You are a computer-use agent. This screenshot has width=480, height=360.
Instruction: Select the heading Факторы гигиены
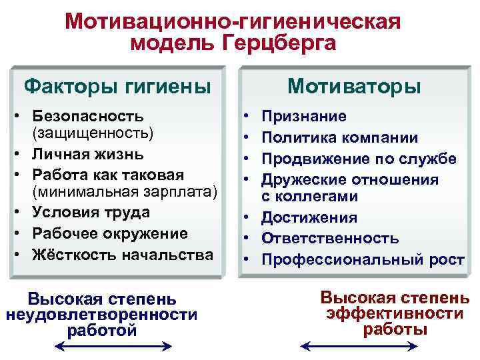(117, 86)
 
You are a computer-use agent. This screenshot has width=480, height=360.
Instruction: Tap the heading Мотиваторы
(354, 87)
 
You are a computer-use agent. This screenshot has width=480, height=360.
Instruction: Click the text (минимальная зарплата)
(124, 193)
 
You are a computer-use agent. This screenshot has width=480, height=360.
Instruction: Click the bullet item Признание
(303, 117)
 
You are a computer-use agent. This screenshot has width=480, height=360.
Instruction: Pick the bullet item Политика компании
(339, 138)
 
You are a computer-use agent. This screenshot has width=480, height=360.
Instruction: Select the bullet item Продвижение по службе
(358, 159)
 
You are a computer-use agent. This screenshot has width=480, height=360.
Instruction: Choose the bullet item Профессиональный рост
(362, 259)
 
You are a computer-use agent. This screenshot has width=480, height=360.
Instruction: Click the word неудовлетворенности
(101, 314)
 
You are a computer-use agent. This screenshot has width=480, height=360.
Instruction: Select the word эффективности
(395, 313)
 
